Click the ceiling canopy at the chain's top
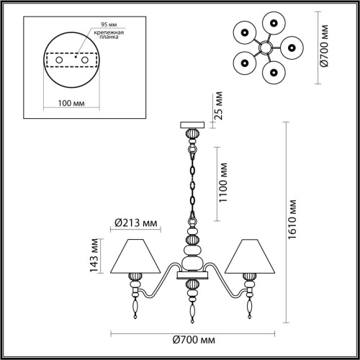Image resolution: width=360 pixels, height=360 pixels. coord(192,125)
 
